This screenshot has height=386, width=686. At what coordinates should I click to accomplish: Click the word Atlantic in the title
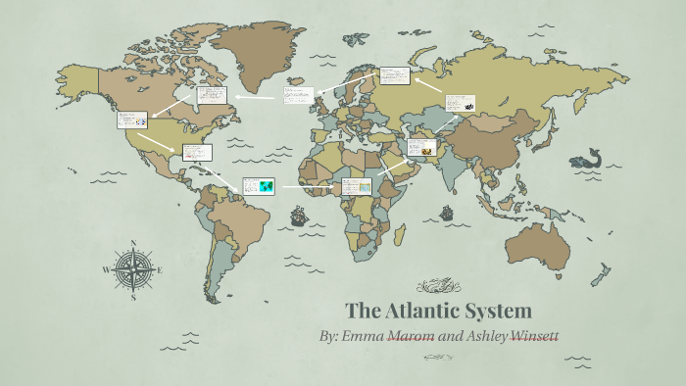pos(429,312)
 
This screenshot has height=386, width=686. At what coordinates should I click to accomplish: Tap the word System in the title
pos(502,312)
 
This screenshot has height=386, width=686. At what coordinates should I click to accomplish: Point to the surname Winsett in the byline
pos(531,336)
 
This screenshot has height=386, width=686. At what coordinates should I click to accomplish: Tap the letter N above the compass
pos(133,241)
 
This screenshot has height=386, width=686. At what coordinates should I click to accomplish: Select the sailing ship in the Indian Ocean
pos(447,212)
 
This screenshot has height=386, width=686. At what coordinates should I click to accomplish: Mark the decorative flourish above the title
pos(438,286)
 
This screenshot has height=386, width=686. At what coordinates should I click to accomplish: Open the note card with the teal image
pos(259,185)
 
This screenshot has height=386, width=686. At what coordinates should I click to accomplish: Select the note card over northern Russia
pos(394,75)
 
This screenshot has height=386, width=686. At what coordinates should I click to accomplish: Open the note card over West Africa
pos(358,186)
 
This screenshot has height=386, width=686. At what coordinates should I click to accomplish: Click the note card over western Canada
pos(132,121)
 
